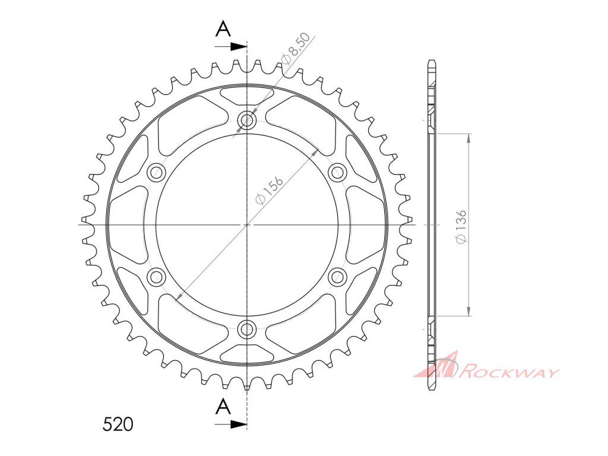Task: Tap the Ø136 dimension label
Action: [x=461, y=227]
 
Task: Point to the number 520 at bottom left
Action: [x=118, y=424]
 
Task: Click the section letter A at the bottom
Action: [x=223, y=407]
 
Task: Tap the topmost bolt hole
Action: [x=246, y=121]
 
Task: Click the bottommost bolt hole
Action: [x=246, y=329]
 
